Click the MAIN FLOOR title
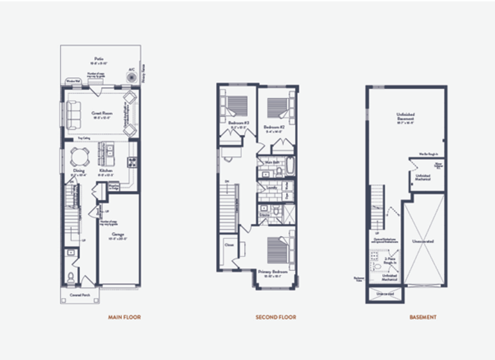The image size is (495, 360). point(124,317)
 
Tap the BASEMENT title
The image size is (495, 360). point(423,317)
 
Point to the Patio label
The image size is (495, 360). point(99,58)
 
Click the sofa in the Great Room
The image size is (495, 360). point(72,115)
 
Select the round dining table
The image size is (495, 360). point(79,156)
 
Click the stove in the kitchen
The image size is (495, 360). point(131,162)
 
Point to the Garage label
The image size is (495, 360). point(117,234)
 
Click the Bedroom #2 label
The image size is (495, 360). point(274,127)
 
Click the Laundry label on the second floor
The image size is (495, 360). point(271,188)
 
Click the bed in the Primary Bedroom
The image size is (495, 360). point(276,249)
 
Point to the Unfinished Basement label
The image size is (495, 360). point(405,117)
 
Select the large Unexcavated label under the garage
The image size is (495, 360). point(423,241)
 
